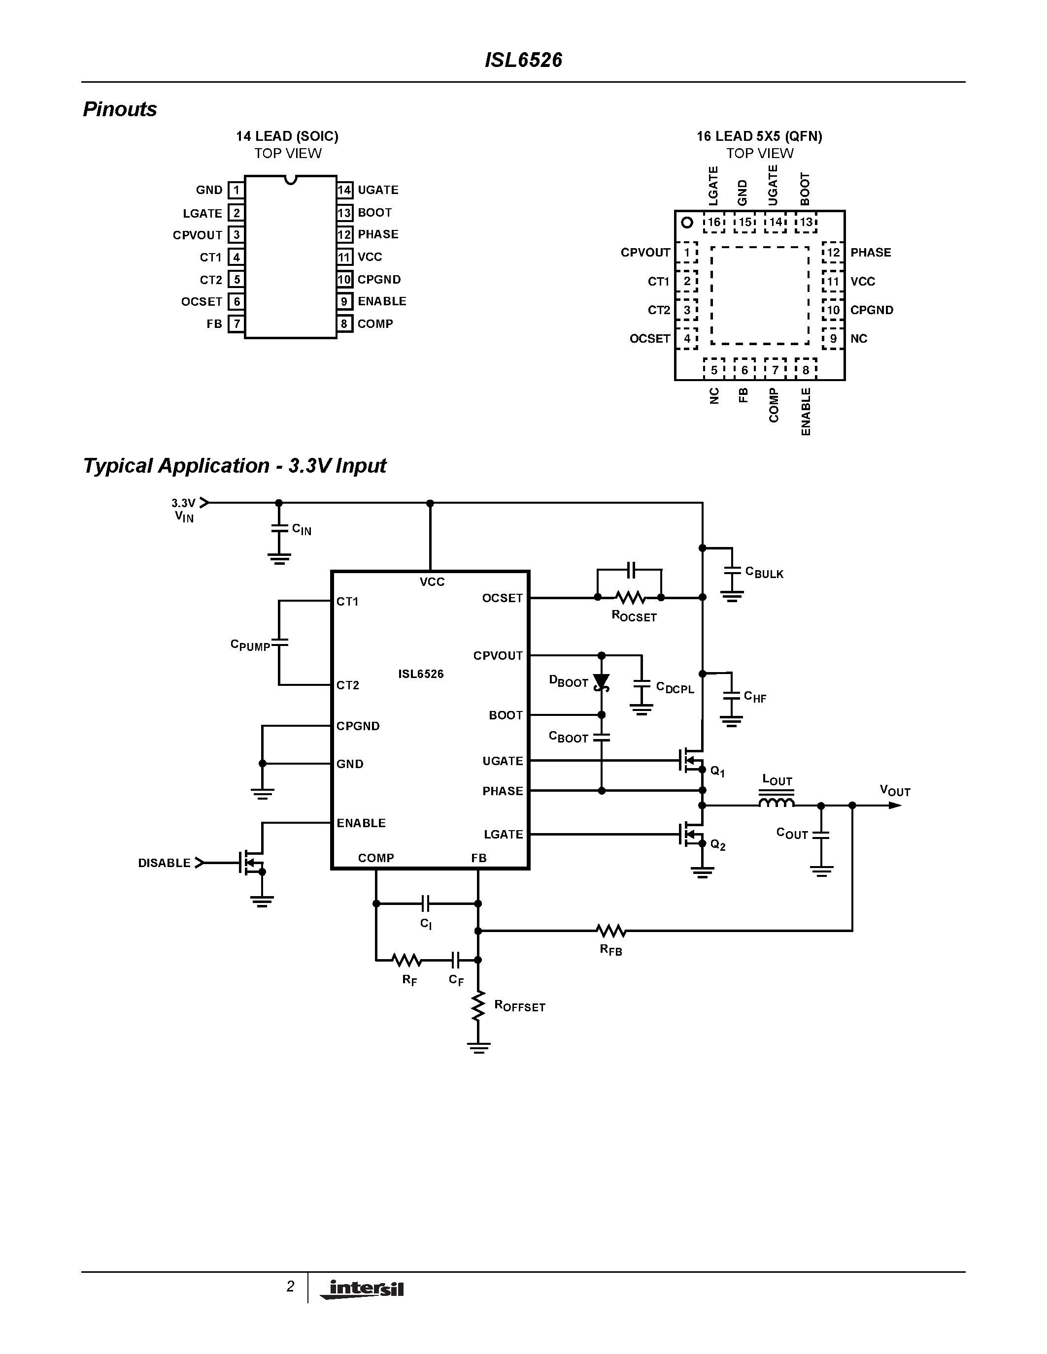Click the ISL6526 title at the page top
coord(523,60)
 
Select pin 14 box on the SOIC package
coord(344,190)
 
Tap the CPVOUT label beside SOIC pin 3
coord(197,235)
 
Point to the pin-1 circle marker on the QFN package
coord(687,222)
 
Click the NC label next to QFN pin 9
coord(858,339)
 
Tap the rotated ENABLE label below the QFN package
coord(806,411)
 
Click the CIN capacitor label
coord(302,529)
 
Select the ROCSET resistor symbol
coord(630,598)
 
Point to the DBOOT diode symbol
coord(601,682)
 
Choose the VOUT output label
coord(894,790)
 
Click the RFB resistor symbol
coord(611,931)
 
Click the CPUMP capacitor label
coord(250,645)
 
